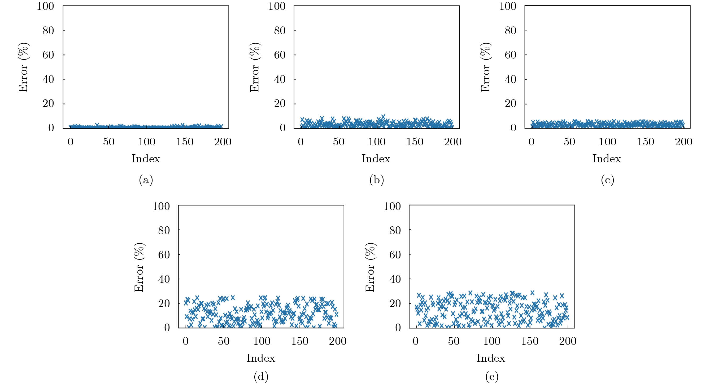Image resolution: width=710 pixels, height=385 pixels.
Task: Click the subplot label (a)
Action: click(x=146, y=180)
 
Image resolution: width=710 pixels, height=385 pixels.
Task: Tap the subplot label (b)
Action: click(x=377, y=180)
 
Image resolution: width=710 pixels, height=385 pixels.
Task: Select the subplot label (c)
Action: click(x=607, y=180)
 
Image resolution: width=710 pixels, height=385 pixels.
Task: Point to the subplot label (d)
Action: click(x=261, y=377)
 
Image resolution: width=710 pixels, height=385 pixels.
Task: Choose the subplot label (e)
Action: click(x=492, y=377)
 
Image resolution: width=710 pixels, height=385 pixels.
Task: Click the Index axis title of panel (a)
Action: click(x=146, y=159)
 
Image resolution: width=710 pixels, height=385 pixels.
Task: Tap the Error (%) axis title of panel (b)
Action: click(x=255, y=67)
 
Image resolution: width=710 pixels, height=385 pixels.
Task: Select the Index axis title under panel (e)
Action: click(x=491, y=358)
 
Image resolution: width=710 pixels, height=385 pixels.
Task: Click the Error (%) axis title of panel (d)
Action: click(x=139, y=267)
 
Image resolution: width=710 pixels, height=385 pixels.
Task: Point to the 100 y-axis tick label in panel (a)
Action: click(x=45, y=6)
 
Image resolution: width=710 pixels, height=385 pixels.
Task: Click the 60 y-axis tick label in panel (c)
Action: click(x=510, y=55)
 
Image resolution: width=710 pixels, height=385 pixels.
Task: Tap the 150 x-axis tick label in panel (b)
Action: click(x=415, y=142)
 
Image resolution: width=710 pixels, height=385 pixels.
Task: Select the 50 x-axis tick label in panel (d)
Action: click(x=224, y=341)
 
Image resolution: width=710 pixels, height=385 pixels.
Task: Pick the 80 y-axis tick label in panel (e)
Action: click(x=395, y=230)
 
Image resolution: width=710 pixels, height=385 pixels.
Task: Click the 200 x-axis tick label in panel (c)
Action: click(x=683, y=142)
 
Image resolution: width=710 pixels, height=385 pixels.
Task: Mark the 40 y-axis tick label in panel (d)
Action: click(x=164, y=279)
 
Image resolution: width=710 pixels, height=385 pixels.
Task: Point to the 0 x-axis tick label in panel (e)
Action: click(x=415, y=341)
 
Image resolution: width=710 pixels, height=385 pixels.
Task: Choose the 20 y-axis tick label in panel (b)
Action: click(x=280, y=104)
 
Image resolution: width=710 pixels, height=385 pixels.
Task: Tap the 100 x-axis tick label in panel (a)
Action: click(x=147, y=142)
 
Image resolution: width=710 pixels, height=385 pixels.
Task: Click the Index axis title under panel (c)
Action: click(x=607, y=159)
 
